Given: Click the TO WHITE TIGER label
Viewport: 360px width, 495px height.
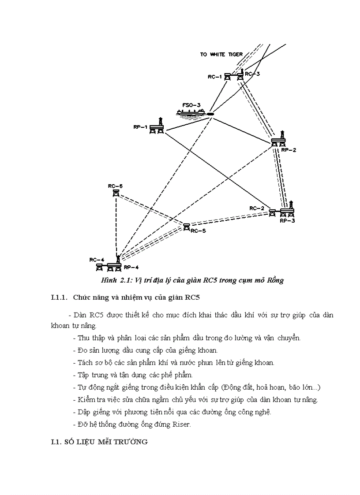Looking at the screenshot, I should point(221,54).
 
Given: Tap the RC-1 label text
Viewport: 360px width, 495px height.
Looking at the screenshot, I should point(214,77).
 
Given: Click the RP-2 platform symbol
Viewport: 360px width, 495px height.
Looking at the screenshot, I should point(278,141).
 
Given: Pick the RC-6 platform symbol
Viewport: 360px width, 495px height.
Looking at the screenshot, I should point(116,193).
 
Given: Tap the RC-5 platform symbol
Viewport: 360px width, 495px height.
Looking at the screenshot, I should point(187,227).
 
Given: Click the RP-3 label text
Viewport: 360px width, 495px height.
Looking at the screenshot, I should point(287,220).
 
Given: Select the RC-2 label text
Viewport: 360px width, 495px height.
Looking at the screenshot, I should point(256,208).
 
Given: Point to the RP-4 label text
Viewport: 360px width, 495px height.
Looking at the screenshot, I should point(131,267).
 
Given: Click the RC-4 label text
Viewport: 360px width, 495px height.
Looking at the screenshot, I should point(96,260).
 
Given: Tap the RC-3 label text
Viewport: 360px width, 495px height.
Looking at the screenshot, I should point(252,74).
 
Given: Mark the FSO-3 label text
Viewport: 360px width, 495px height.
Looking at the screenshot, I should point(191,105).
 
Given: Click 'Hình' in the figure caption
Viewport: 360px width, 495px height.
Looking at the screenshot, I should point(108,281).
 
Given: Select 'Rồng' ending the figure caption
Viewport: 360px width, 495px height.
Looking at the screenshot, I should point(275,281).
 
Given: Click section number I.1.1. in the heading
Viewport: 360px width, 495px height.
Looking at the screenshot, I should point(60,298).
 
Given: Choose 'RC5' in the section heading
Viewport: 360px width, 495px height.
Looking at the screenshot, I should point(192,298).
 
